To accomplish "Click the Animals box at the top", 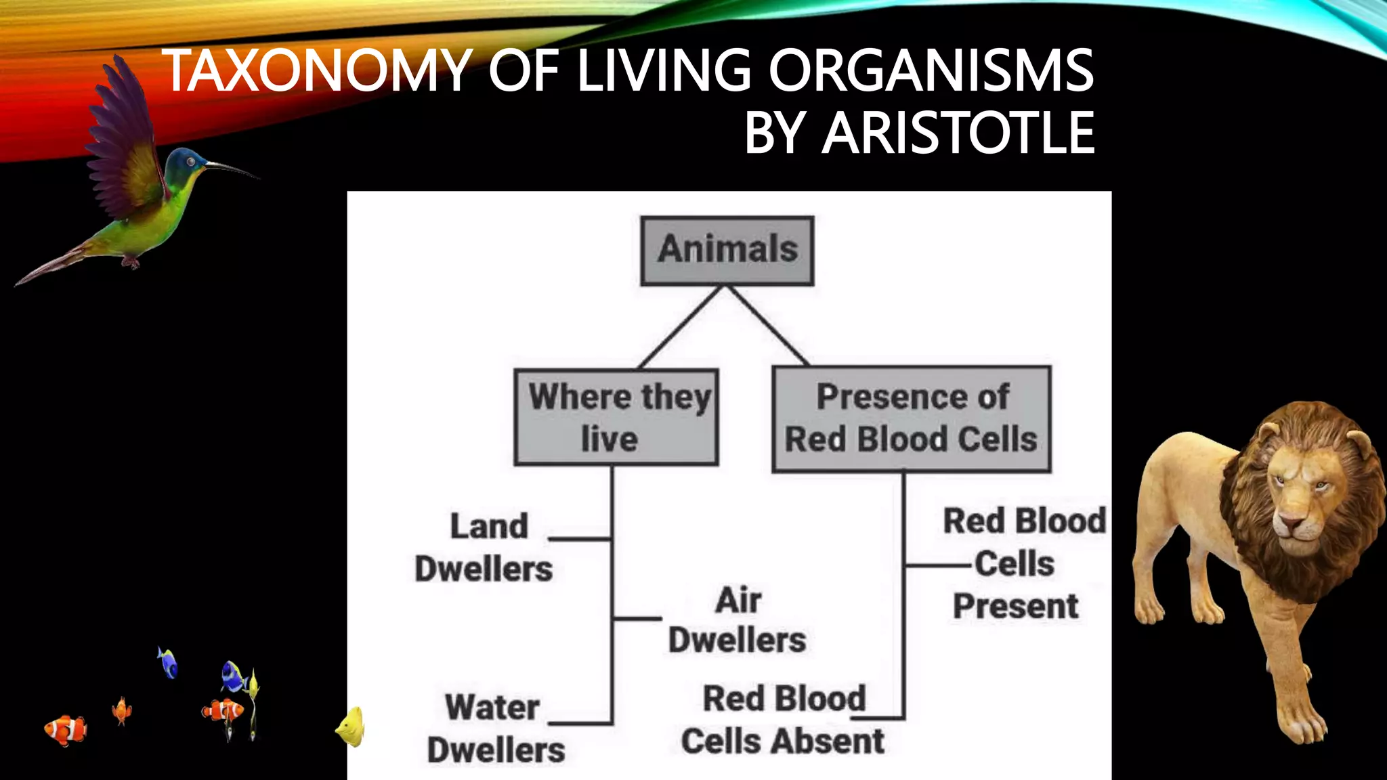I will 727,251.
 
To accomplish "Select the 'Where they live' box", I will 616,417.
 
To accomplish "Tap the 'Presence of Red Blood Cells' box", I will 912,418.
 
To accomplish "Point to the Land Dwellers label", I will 485,547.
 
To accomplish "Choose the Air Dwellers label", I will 738,620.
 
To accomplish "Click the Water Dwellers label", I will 495,729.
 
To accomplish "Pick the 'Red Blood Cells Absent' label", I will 784,720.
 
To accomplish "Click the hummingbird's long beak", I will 231,168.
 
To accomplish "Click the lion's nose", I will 1290,523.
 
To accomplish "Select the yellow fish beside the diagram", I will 351,728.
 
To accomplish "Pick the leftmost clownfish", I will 66,729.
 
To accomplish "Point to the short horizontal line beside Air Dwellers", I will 637,618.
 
